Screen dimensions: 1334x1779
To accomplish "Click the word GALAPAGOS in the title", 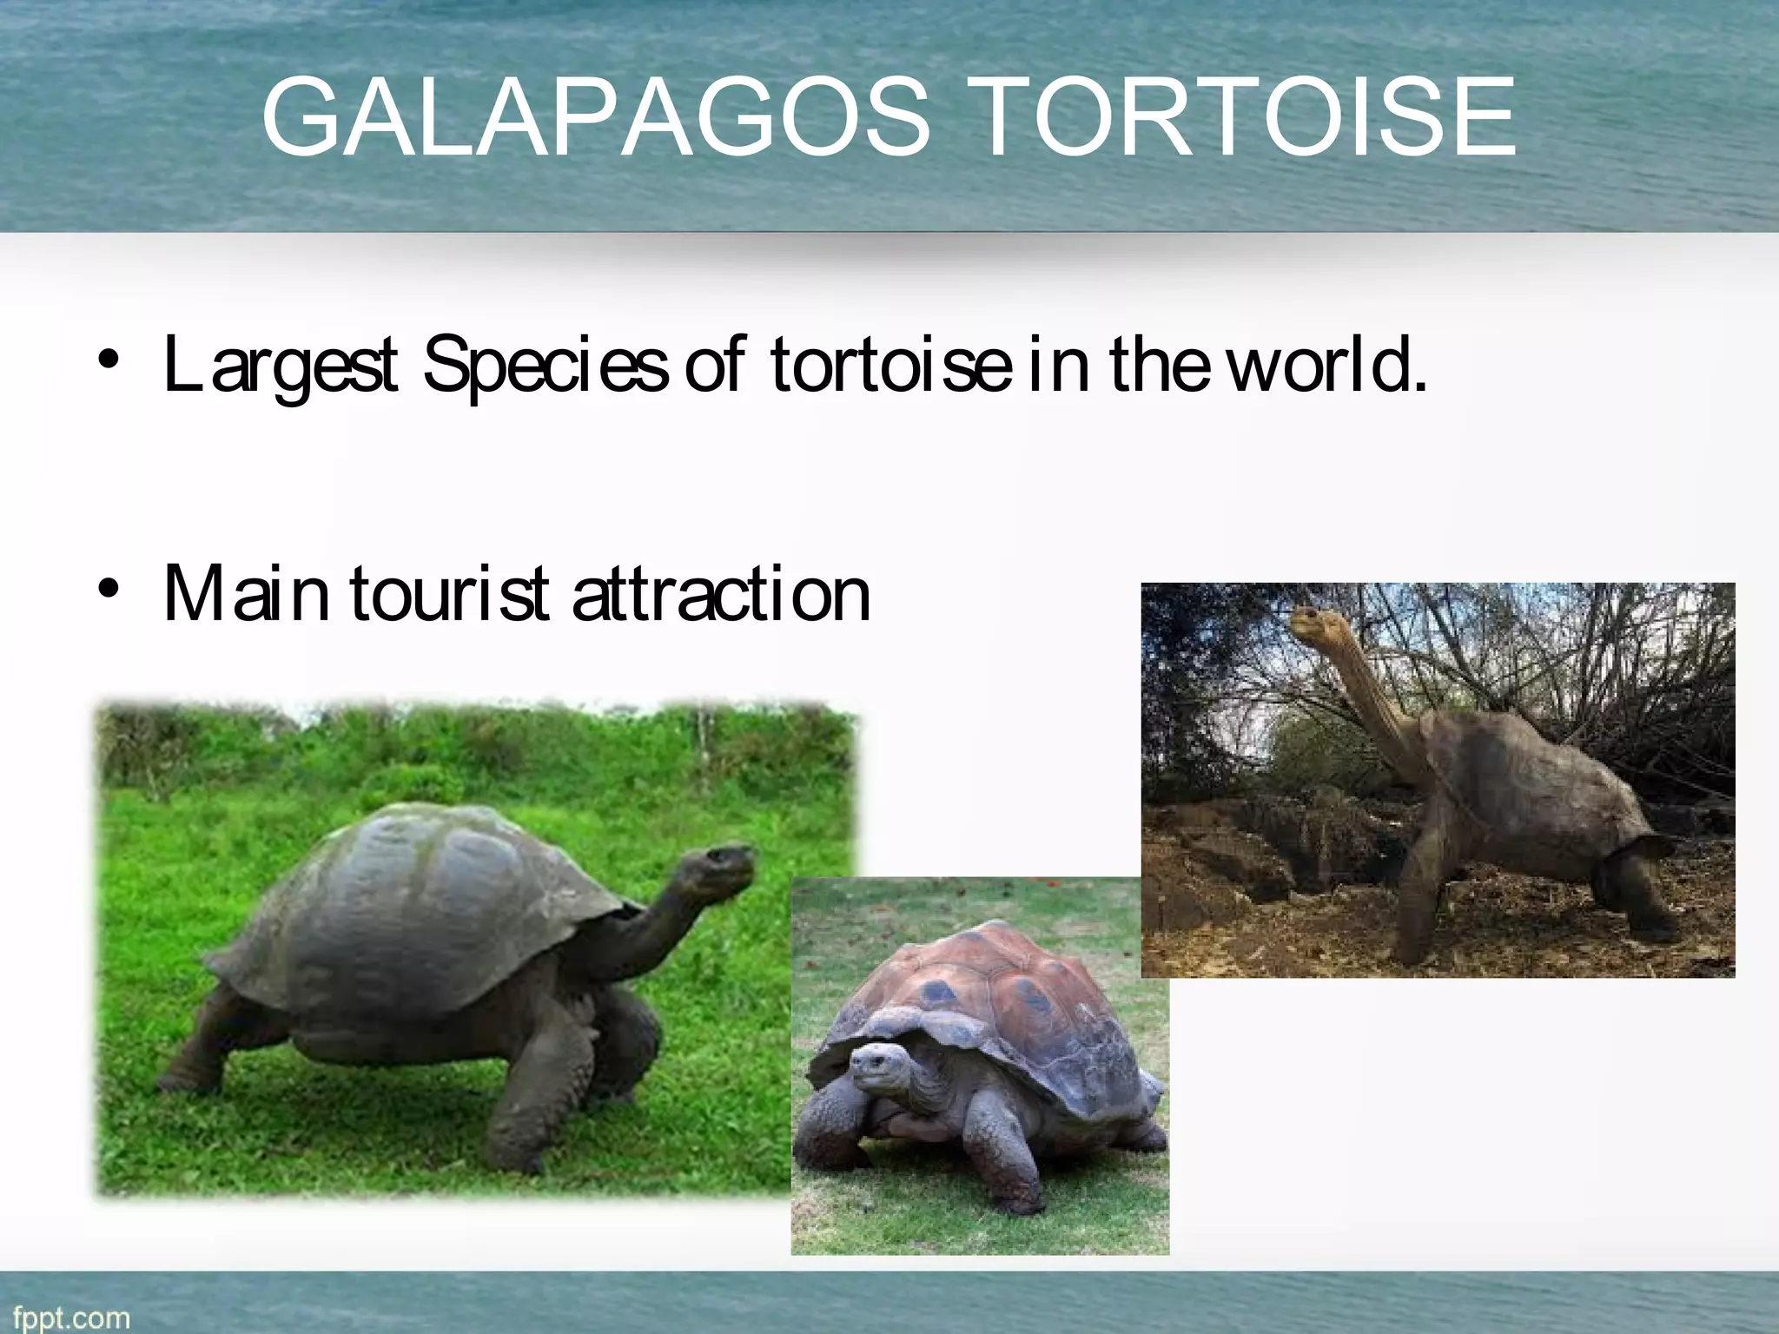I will coord(595,117).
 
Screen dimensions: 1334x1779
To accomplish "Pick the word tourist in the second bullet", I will coord(449,595).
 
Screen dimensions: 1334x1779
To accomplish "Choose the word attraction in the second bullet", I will coord(721,595).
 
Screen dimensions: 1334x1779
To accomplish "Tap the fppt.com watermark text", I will coord(71,1317).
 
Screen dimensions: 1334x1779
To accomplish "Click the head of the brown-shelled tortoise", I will coord(879,1068).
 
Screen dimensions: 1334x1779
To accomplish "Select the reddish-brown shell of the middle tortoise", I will coord(999,990).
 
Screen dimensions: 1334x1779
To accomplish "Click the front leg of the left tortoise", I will coord(530,1103).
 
